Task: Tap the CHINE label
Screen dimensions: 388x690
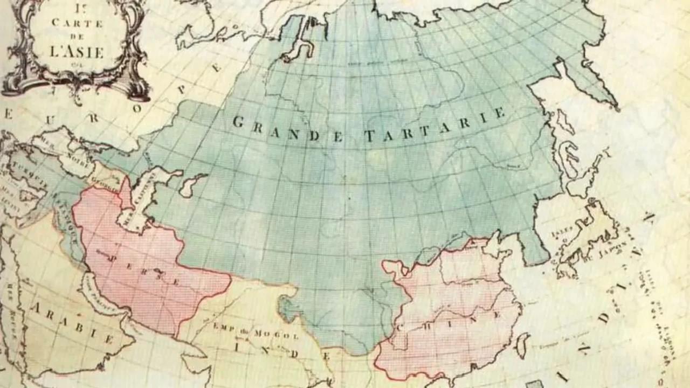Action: coord(451,320)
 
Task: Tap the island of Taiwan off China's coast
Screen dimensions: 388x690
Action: coord(522,345)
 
